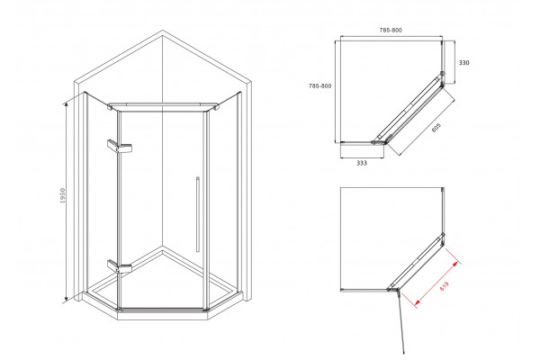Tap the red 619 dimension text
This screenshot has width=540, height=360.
click(x=445, y=286)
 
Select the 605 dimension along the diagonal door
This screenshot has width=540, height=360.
click(x=436, y=128)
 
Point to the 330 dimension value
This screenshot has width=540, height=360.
click(x=463, y=63)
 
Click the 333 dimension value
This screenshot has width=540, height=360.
click(x=362, y=163)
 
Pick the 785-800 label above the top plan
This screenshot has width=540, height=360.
click(x=391, y=30)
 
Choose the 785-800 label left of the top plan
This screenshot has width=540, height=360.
click(x=319, y=85)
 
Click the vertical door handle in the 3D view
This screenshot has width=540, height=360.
click(x=198, y=214)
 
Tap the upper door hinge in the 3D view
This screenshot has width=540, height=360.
click(x=120, y=146)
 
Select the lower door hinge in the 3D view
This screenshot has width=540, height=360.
click(x=120, y=266)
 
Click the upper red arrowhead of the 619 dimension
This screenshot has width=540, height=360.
click(x=456, y=264)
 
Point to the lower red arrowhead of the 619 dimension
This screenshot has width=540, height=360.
click(x=417, y=302)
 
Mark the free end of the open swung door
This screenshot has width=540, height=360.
click(x=403, y=353)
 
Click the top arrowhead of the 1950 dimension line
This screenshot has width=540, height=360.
click(x=66, y=103)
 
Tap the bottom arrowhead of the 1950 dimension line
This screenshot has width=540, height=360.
click(x=66, y=300)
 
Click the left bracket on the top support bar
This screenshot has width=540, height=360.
click(x=110, y=107)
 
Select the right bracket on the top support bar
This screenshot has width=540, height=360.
click(x=216, y=107)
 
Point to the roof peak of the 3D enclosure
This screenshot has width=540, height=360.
click(x=163, y=31)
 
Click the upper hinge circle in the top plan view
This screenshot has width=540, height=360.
click(x=443, y=74)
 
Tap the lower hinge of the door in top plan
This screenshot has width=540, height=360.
click(x=373, y=141)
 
